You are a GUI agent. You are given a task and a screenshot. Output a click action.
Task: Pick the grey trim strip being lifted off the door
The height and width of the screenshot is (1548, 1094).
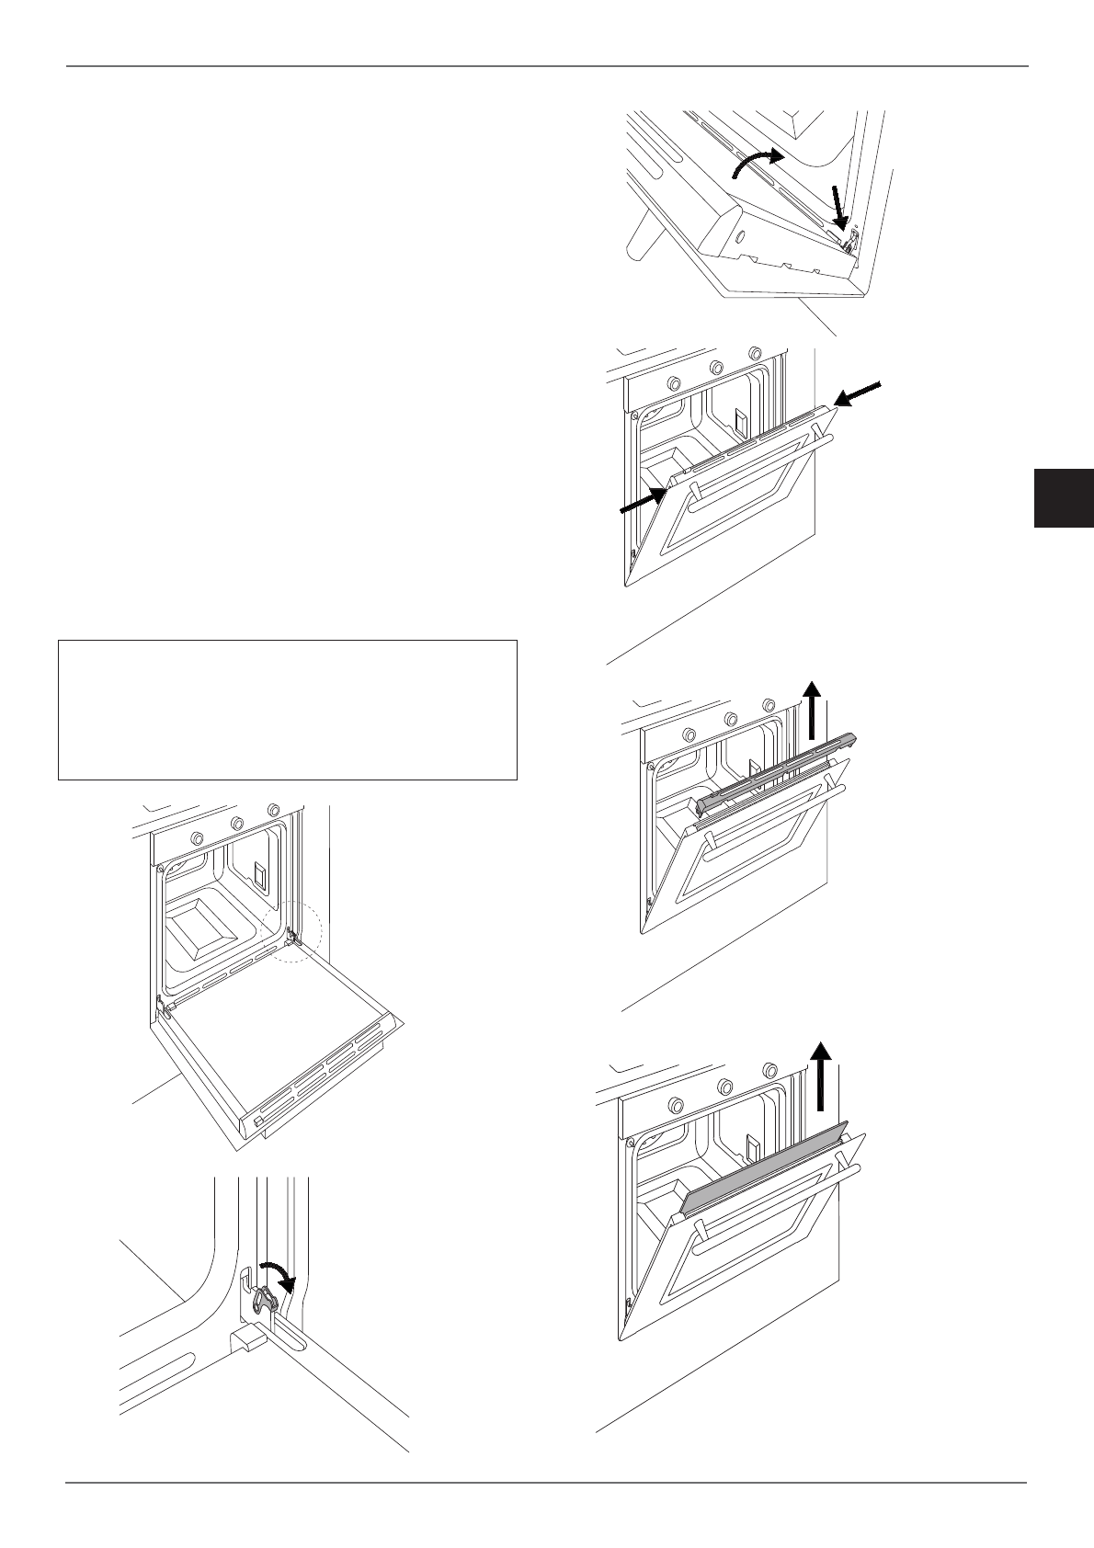(x=778, y=771)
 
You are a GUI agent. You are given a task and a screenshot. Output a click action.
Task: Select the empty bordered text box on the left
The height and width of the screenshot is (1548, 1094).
(x=288, y=710)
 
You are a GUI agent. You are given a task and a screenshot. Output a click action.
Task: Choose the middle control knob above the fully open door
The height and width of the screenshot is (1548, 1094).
(x=236, y=823)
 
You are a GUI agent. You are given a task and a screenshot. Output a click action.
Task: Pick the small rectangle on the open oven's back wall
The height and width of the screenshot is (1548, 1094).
(x=261, y=875)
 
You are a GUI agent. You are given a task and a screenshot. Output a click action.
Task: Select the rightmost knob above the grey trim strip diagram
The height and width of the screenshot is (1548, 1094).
(x=769, y=705)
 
